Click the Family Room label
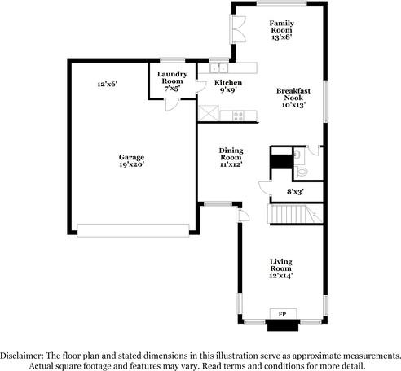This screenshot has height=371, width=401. coord(281,30)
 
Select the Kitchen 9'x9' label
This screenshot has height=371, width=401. coord(227,87)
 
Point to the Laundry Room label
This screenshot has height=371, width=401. coord(173,81)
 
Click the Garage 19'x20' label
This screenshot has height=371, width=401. coord(131,162)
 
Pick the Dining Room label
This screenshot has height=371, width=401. coord(231,156)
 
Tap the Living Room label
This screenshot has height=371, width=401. coord(281,268)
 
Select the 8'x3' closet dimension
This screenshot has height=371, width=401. coord(295,191)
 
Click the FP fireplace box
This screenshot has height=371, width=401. coord(283,314)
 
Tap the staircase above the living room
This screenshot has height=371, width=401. coord(292,216)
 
